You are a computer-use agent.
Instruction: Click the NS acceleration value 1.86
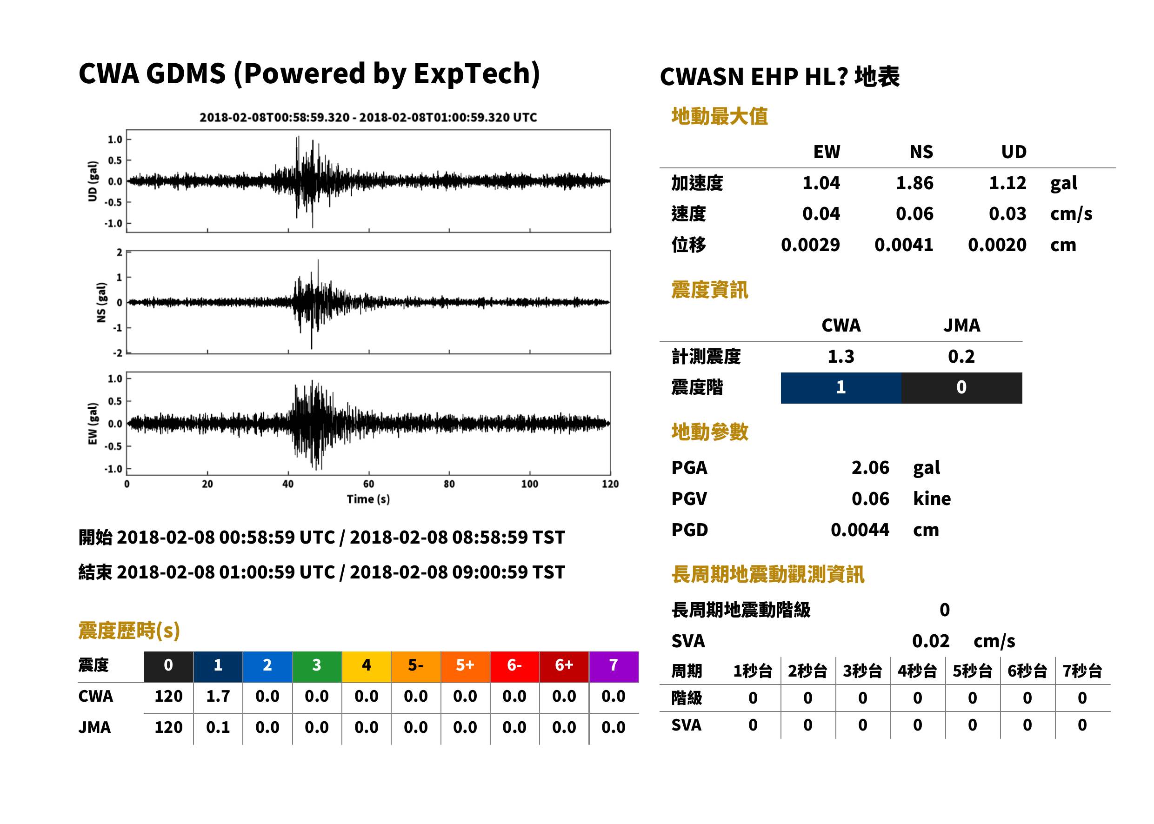point(914,183)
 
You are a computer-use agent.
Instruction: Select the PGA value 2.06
point(870,467)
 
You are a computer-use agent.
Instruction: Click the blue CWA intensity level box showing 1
point(841,388)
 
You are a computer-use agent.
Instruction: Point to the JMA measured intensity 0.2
point(961,356)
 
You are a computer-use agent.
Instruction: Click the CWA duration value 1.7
point(218,696)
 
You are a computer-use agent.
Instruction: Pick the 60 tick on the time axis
point(368,484)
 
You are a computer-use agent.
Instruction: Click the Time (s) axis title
point(368,499)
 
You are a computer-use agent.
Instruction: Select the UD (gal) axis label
point(93,181)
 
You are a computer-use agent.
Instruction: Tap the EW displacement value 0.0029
point(810,245)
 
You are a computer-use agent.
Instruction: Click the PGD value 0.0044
point(860,530)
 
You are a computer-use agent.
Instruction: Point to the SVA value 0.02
point(930,641)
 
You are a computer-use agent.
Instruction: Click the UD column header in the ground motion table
point(1014,152)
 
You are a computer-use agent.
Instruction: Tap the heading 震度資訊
point(709,290)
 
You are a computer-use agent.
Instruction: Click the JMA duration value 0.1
point(218,728)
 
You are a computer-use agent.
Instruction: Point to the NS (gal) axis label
point(101,302)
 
